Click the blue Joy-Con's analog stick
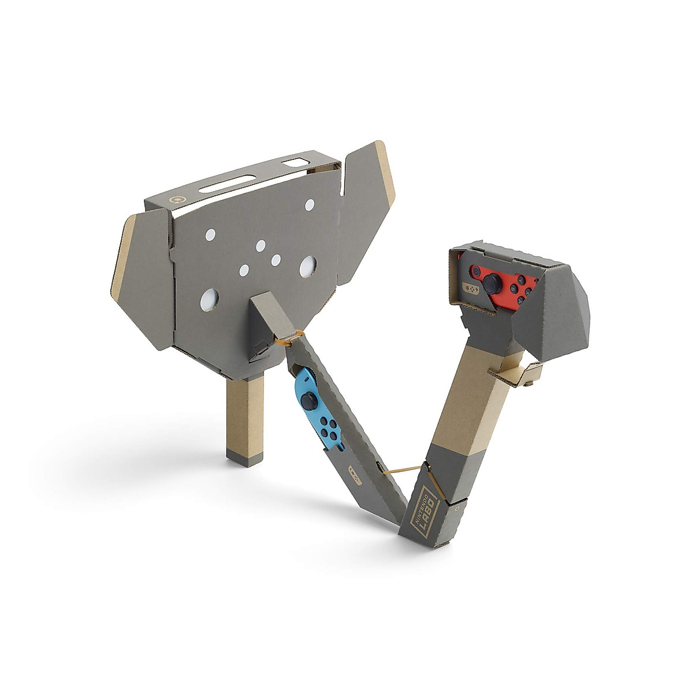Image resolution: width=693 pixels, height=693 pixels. [310, 401]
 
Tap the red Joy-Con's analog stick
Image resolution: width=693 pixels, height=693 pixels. [492, 283]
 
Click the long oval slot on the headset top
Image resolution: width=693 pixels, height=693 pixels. [228, 184]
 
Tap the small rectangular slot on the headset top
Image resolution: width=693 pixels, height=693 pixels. [296, 162]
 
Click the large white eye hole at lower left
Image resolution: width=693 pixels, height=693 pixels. [209, 300]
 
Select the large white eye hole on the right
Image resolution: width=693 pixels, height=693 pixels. [308, 267]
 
